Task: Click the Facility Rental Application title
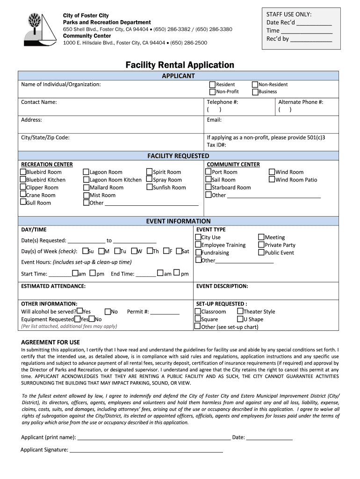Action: click(180, 65)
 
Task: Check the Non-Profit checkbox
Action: click(212, 92)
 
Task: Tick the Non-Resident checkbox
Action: click(255, 85)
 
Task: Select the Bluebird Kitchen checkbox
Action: click(23, 180)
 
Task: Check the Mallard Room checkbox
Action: click(86, 188)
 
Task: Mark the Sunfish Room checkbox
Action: click(150, 187)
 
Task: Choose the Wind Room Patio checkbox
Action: click(272, 180)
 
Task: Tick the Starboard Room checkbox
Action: click(209, 187)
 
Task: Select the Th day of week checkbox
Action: click(150, 251)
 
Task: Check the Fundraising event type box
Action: click(198, 253)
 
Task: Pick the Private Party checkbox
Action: click(261, 245)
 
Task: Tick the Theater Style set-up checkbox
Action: click(240, 312)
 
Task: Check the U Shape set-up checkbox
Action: click(240, 319)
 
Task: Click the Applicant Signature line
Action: click(146, 451)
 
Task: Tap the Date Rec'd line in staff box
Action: click(314, 23)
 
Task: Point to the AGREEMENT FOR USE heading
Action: click(50, 342)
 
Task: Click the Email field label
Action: click(214, 120)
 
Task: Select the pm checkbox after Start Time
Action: click(93, 273)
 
